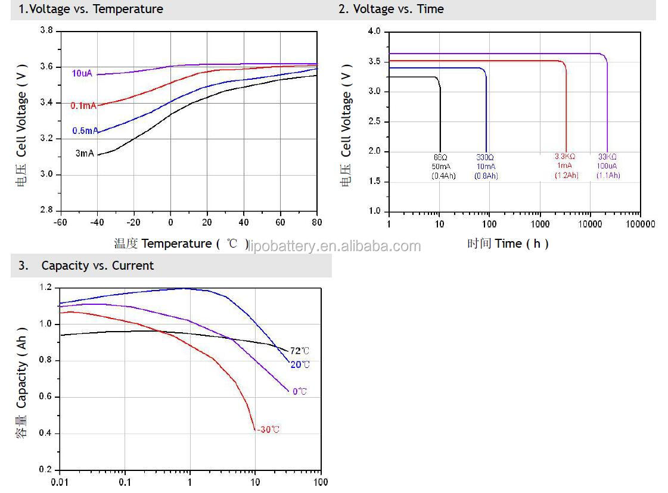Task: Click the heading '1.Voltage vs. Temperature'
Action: pyautogui.click(x=91, y=9)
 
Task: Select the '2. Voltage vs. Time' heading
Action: pyautogui.click(x=391, y=9)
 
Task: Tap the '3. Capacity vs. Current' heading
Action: pyautogui.click(x=86, y=266)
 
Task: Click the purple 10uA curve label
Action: pyautogui.click(x=82, y=73)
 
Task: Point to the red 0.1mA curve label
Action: pyautogui.click(x=83, y=106)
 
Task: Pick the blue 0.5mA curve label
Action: pyautogui.click(x=85, y=131)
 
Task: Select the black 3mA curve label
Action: pyautogui.click(x=84, y=154)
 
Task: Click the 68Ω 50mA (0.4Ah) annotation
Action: pyautogui.click(x=443, y=166)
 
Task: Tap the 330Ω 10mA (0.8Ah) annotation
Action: pyautogui.click(x=486, y=166)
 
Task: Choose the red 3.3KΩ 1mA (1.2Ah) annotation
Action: pyautogui.click(x=566, y=166)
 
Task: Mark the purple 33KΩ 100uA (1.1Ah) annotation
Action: pyautogui.click(x=608, y=166)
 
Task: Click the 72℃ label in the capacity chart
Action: pyautogui.click(x=300, y=351)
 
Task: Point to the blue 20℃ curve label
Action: pyautogui.click(x=300, y=364)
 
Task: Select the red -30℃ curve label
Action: pyautogui.click(x=268, y=429)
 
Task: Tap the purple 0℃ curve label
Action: pyautogui.click(x=300, y=391)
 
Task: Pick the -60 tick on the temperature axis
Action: pyautogui.click(x=60, y=222)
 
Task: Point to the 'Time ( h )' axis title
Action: pyautogui.click(x=508, y=244)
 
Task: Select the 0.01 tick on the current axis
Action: pyautogui.click(x=59, y=482)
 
